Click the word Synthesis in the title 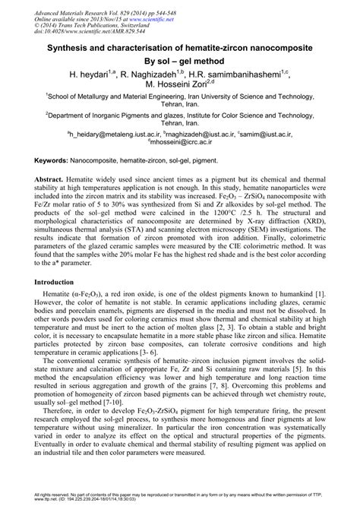click(69, 47)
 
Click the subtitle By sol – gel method click(180, 62)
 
